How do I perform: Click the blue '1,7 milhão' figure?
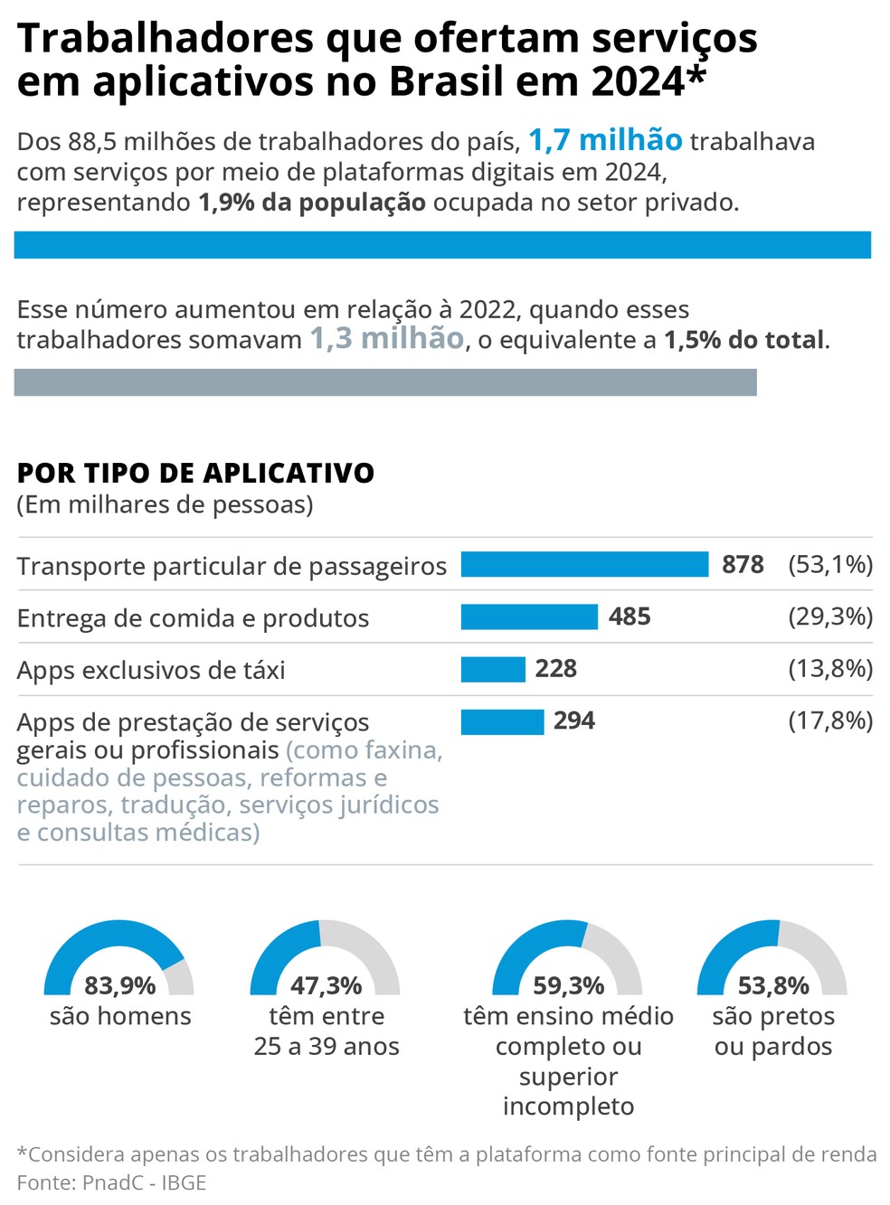[x=605, y=140]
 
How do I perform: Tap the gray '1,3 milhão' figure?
[x=387, y=339]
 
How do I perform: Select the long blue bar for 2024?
[x=442, y=245]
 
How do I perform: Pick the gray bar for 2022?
[x=385, y=382]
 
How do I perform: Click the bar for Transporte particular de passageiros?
[x=584, y=564]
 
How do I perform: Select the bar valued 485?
[x=529, y=617]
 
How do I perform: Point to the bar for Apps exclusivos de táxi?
[x=493, y=669]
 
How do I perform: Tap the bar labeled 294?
[x=502, y=721]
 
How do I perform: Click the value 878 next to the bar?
[x=743, y=565]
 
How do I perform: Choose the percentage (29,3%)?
[x=830, y=617]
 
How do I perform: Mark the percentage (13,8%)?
[x=830, y=669]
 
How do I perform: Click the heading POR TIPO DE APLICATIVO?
[x=195, y=473]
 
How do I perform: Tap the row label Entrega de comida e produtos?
[x=193, y=618]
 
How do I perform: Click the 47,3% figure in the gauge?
[x=326, y=984]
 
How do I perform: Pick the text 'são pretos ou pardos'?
[x=773, y=1031]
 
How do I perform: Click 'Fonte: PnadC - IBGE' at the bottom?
[x=111, y=1182]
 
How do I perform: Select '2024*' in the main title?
[x=648, y=81]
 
